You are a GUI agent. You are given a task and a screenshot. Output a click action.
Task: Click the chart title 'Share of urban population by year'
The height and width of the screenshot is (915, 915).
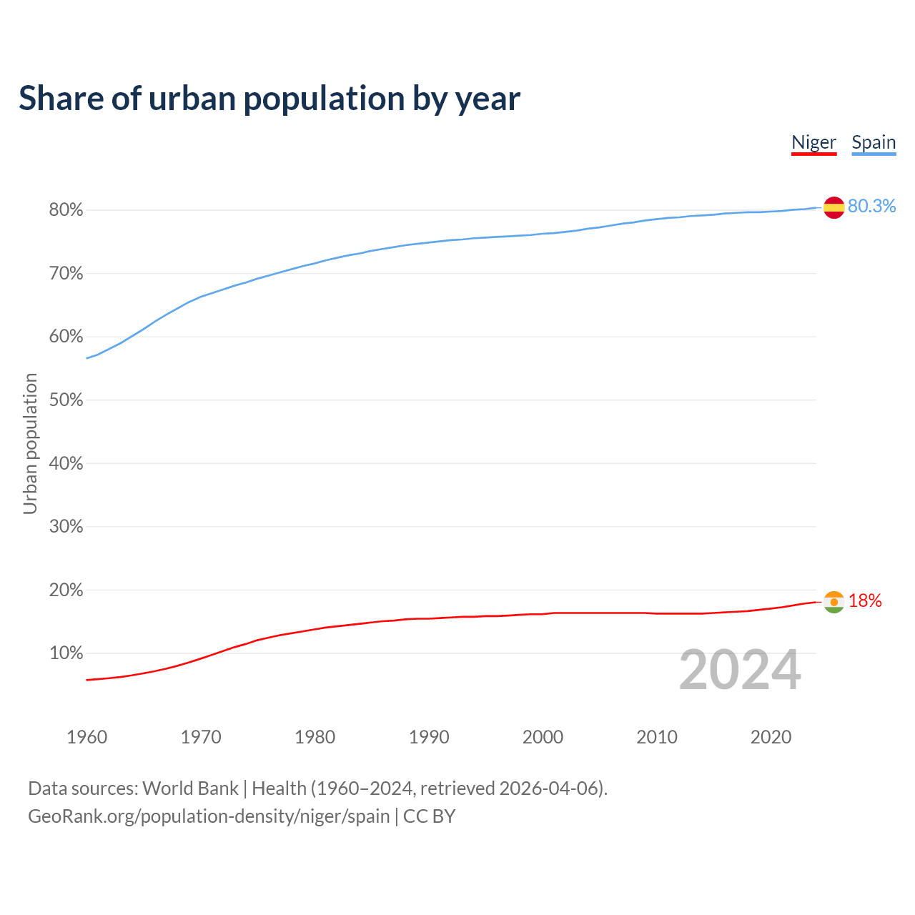point(269,99)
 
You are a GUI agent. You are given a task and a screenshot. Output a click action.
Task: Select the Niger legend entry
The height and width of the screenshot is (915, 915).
point(813,142)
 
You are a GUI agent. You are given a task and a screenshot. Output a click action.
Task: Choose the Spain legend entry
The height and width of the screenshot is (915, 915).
point(874,142)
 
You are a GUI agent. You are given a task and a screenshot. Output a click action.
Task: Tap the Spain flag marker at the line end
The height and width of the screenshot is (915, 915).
point(834,207)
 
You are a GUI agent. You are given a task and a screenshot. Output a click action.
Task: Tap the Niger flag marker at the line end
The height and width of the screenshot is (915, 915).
point(834,602)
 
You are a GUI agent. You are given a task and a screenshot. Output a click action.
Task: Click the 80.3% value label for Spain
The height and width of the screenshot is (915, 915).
point(871,207)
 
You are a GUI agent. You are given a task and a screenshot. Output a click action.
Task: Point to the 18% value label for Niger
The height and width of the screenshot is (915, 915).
point(865,601)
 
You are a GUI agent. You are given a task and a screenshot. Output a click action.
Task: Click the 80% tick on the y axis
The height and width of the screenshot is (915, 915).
point(66,210)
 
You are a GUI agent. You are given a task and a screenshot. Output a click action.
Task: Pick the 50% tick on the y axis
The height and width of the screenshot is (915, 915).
point(66,400)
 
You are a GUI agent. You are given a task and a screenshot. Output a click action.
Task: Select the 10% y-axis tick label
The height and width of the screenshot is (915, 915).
point(66,653)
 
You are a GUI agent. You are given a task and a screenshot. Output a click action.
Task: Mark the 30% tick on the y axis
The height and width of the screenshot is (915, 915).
point(66,527)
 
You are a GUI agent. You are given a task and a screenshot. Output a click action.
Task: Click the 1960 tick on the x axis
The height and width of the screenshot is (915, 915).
point(86,737)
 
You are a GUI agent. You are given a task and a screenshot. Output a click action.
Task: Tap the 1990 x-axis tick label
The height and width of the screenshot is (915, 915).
point(429,737)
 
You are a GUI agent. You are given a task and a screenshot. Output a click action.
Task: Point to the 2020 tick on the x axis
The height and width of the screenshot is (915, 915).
point(771,737)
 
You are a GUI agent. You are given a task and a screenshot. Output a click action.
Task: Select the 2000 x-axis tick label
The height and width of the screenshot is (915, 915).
point(543,737)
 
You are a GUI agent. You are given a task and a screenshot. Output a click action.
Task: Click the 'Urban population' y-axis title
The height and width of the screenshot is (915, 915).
point(30,443)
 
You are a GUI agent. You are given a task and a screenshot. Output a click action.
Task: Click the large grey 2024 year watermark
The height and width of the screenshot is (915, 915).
point(740,670)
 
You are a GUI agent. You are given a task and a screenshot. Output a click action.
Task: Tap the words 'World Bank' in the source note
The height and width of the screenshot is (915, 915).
point(190,788)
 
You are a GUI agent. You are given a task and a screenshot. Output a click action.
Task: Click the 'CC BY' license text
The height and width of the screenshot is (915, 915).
point(429,816)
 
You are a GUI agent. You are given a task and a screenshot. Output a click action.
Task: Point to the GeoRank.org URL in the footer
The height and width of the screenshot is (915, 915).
point(209,816)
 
